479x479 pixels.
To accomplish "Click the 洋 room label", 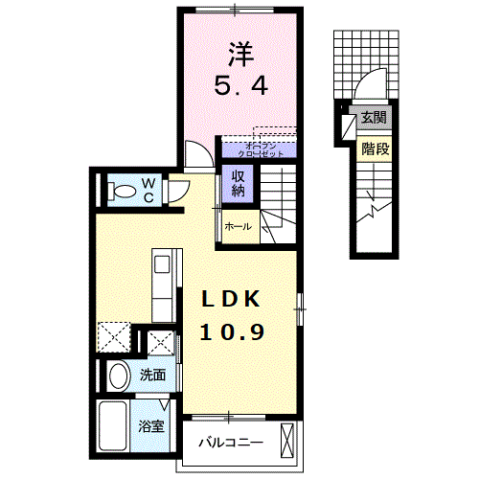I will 239,51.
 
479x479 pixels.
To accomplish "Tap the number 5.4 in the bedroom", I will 239,85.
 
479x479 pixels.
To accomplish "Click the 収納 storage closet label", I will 237,182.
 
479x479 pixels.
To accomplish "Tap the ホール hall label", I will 238,227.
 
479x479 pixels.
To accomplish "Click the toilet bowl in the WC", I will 121,192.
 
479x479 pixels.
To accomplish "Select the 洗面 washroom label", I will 152,376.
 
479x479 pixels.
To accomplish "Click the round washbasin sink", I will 119,376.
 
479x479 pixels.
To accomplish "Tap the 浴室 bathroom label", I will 152,425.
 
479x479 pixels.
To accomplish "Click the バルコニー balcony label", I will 230,444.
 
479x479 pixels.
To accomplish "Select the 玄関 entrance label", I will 374,119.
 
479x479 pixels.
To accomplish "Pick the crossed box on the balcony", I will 289,443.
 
